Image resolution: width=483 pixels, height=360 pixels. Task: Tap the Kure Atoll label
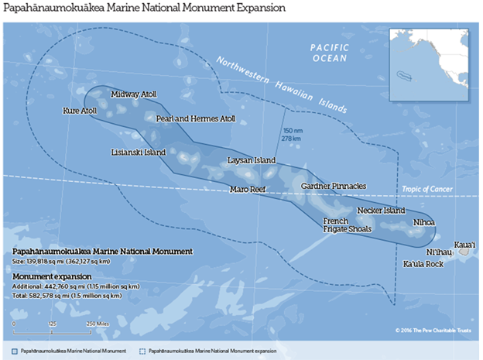[x=79, y=111]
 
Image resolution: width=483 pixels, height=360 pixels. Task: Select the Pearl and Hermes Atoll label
[x=195, y=119]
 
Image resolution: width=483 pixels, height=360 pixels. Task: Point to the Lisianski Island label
[x=139, y=153]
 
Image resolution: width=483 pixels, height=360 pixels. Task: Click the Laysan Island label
[x=251, y=160]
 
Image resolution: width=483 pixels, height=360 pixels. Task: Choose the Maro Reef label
[x=248, y=189]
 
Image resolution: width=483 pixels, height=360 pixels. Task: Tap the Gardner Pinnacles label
[x=334, y=186]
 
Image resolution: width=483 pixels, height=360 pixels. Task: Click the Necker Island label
[x=381, y=211]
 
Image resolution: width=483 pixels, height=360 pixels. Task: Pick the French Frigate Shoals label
[x=348, y=225]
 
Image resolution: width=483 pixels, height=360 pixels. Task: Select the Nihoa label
[x=424, y=222]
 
